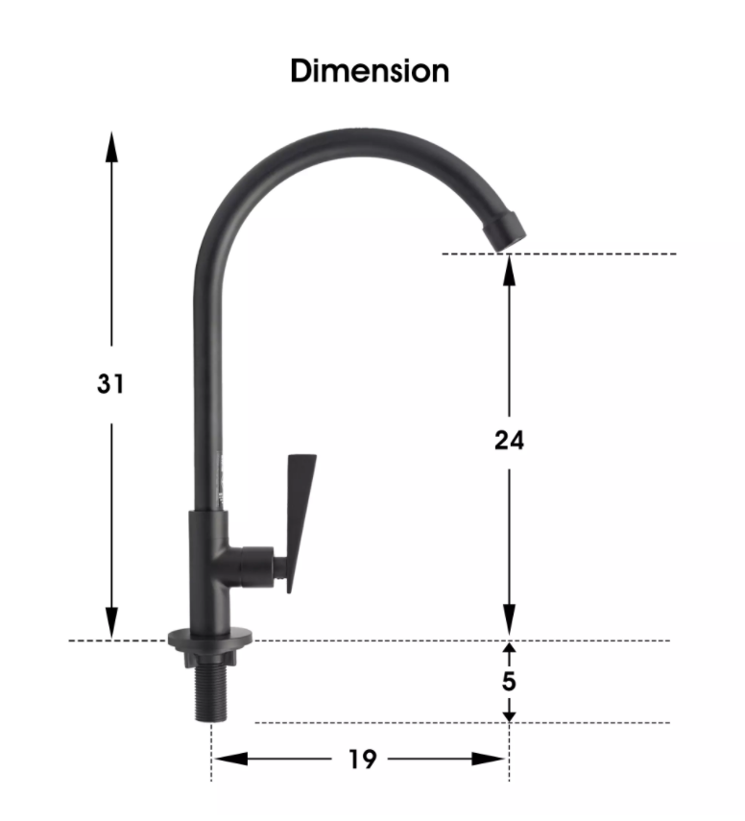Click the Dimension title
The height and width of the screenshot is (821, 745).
370,71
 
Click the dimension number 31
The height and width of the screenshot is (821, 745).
110,384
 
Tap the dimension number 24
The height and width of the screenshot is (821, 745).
509,441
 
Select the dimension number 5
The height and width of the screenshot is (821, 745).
509,681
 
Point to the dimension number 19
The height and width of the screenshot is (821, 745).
362,760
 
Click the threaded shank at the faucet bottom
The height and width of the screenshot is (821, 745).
211,693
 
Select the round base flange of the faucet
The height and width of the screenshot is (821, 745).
210,638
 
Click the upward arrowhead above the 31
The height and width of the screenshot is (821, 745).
111,147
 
